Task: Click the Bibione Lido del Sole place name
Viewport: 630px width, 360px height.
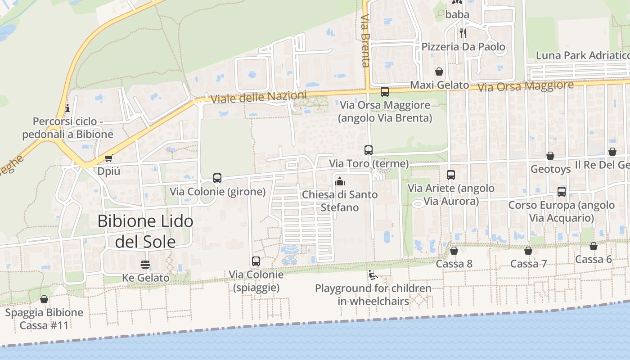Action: (145, 231)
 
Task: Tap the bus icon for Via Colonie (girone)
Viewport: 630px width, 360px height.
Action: (217, 178)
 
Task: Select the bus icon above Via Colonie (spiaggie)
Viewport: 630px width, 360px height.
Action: (256, 261)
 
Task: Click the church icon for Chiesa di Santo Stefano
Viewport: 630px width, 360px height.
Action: (340, 181)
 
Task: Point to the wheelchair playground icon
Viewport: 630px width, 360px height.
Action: (372, 274)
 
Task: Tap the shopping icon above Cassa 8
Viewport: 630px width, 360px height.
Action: (454, 251)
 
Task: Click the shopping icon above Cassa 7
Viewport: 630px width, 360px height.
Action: (528, 251)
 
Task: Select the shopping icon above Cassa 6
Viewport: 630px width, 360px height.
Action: (594, 246)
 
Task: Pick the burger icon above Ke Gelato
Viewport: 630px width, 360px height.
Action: (145, 264)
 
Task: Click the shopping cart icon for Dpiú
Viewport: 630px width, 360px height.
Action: (108, 158)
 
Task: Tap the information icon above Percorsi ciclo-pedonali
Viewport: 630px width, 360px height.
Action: (67, 108)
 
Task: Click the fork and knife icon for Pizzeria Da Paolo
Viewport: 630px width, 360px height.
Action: (463, 33)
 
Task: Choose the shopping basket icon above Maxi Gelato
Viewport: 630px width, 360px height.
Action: (439, 72)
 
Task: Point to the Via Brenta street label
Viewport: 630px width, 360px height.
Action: (365, 40)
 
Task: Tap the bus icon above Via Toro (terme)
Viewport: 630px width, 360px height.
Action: (369, 150)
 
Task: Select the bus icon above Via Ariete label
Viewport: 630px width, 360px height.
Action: (451, 175)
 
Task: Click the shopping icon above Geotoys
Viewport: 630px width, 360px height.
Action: (550, 156)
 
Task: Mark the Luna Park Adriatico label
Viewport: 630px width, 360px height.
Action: (582, 55)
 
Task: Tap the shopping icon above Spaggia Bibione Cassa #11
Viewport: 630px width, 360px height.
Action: (44, 299)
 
